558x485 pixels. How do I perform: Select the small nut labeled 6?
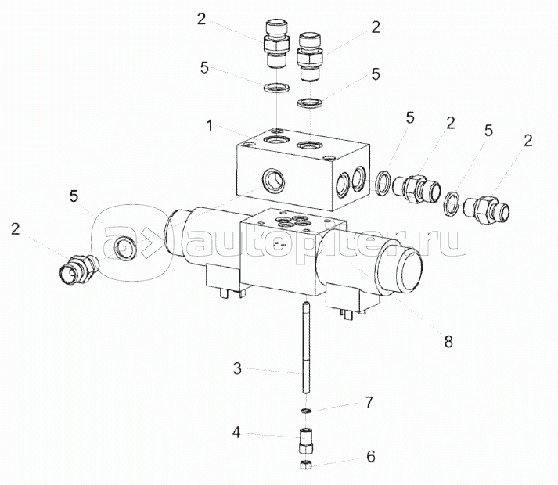coord(307,465)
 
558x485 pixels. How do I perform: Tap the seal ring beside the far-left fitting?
coord(123,249)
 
